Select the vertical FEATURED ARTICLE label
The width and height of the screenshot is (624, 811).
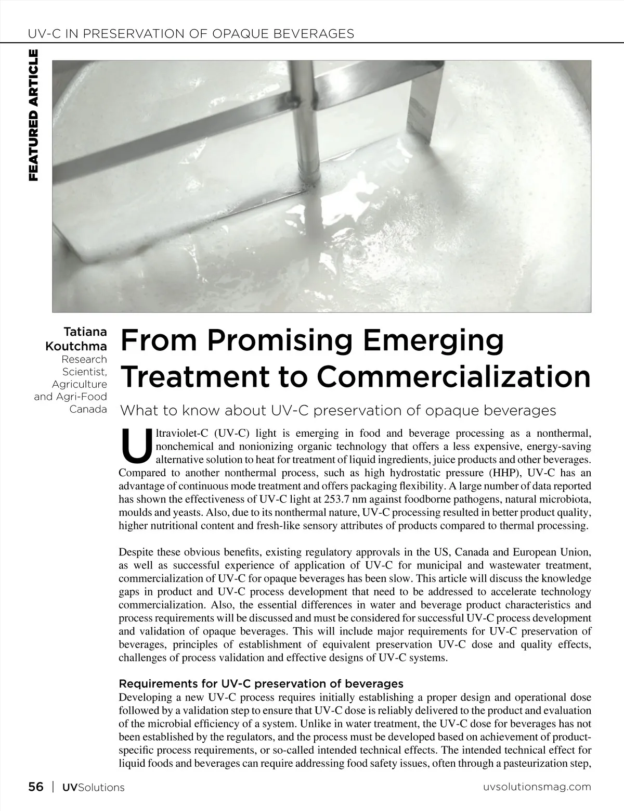(x=33, y=115)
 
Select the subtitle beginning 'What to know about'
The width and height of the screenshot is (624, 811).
(x=338, y=411)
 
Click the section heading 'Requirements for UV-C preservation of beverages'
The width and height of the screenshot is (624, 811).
(x=261, y=683)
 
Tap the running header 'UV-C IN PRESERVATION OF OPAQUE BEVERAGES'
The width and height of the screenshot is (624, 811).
(x=190, y=34)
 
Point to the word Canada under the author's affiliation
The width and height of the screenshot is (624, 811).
(x=88, y=409)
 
